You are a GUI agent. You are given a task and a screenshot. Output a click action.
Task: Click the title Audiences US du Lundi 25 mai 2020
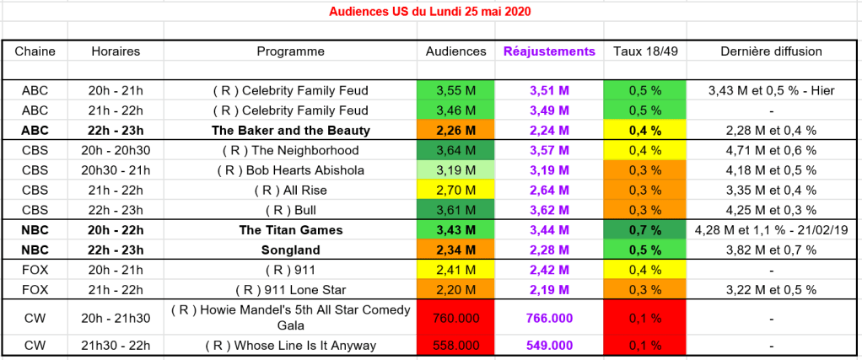tap(430, 12)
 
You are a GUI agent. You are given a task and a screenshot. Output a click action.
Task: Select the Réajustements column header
tap(549, 51)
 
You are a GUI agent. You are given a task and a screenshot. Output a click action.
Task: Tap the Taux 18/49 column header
tap(645, 51)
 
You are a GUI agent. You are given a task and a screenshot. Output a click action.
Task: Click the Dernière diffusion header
tap(771, 51)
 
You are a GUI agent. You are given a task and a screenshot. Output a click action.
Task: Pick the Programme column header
tap(291, 51)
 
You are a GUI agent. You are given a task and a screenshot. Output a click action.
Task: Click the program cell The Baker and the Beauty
tap(291, 131)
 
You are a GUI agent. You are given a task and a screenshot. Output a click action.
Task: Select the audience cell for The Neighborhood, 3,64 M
tap(455, 151)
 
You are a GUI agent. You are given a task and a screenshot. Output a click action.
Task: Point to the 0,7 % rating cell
tap(645, 229)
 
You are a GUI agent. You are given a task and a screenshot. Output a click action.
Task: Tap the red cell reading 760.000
tap(455, 319)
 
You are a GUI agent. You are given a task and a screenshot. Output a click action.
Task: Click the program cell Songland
tap(291, 250)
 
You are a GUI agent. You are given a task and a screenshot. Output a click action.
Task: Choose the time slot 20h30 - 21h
tap(116, 170)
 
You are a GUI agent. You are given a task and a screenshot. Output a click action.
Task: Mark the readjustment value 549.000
tap(549, 347)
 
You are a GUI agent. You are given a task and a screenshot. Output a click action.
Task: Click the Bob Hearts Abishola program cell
tap(291, 170)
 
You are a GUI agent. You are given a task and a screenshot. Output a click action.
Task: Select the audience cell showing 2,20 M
tap(455, 289)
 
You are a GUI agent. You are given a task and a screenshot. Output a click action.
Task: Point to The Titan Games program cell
tap(291, 229)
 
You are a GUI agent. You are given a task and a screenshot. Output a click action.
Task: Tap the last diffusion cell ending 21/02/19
tap(771, 229)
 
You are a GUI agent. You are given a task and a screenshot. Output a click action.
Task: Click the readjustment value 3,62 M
tap(549, 210)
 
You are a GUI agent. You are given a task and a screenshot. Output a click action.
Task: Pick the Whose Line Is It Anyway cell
tap(291, 347)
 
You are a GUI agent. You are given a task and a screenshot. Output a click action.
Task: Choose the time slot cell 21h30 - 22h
tap(116, 347)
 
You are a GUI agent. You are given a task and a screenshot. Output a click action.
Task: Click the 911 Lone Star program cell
tap(291, 289)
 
